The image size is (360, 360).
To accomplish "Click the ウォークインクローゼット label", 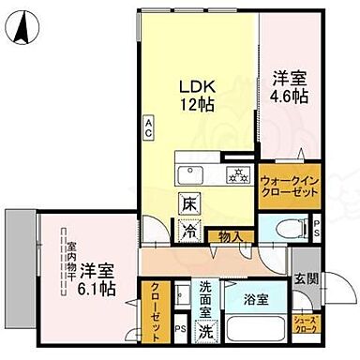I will click(x=288, y=183).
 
